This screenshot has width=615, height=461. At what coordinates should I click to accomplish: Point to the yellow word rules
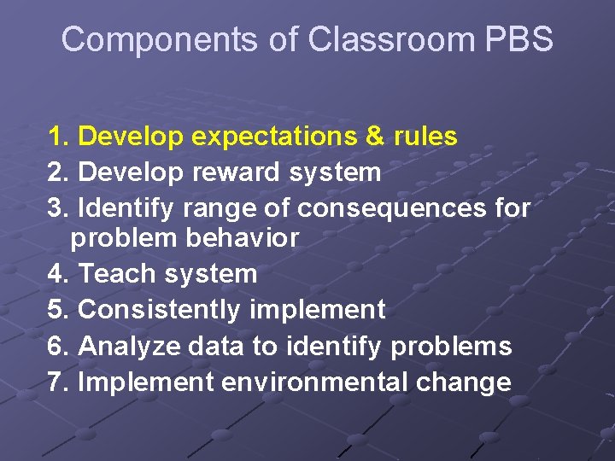(426, 137)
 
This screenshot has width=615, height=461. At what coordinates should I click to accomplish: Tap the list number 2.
(56, 172)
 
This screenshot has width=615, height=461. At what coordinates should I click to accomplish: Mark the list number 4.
(56, 274)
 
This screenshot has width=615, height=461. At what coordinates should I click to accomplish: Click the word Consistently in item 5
(160, 310)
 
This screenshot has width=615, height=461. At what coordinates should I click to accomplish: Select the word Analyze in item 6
(126, 346)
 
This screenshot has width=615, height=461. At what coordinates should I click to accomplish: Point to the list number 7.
(56, 382)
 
